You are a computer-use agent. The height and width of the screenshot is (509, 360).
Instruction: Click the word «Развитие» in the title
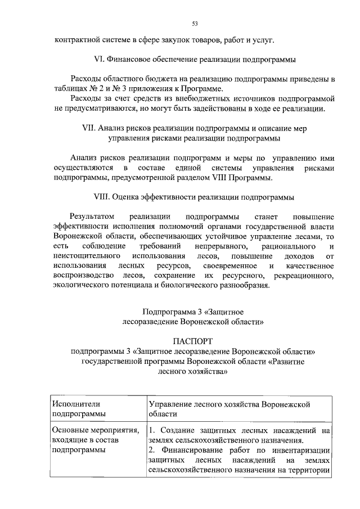tap(288, 362)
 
